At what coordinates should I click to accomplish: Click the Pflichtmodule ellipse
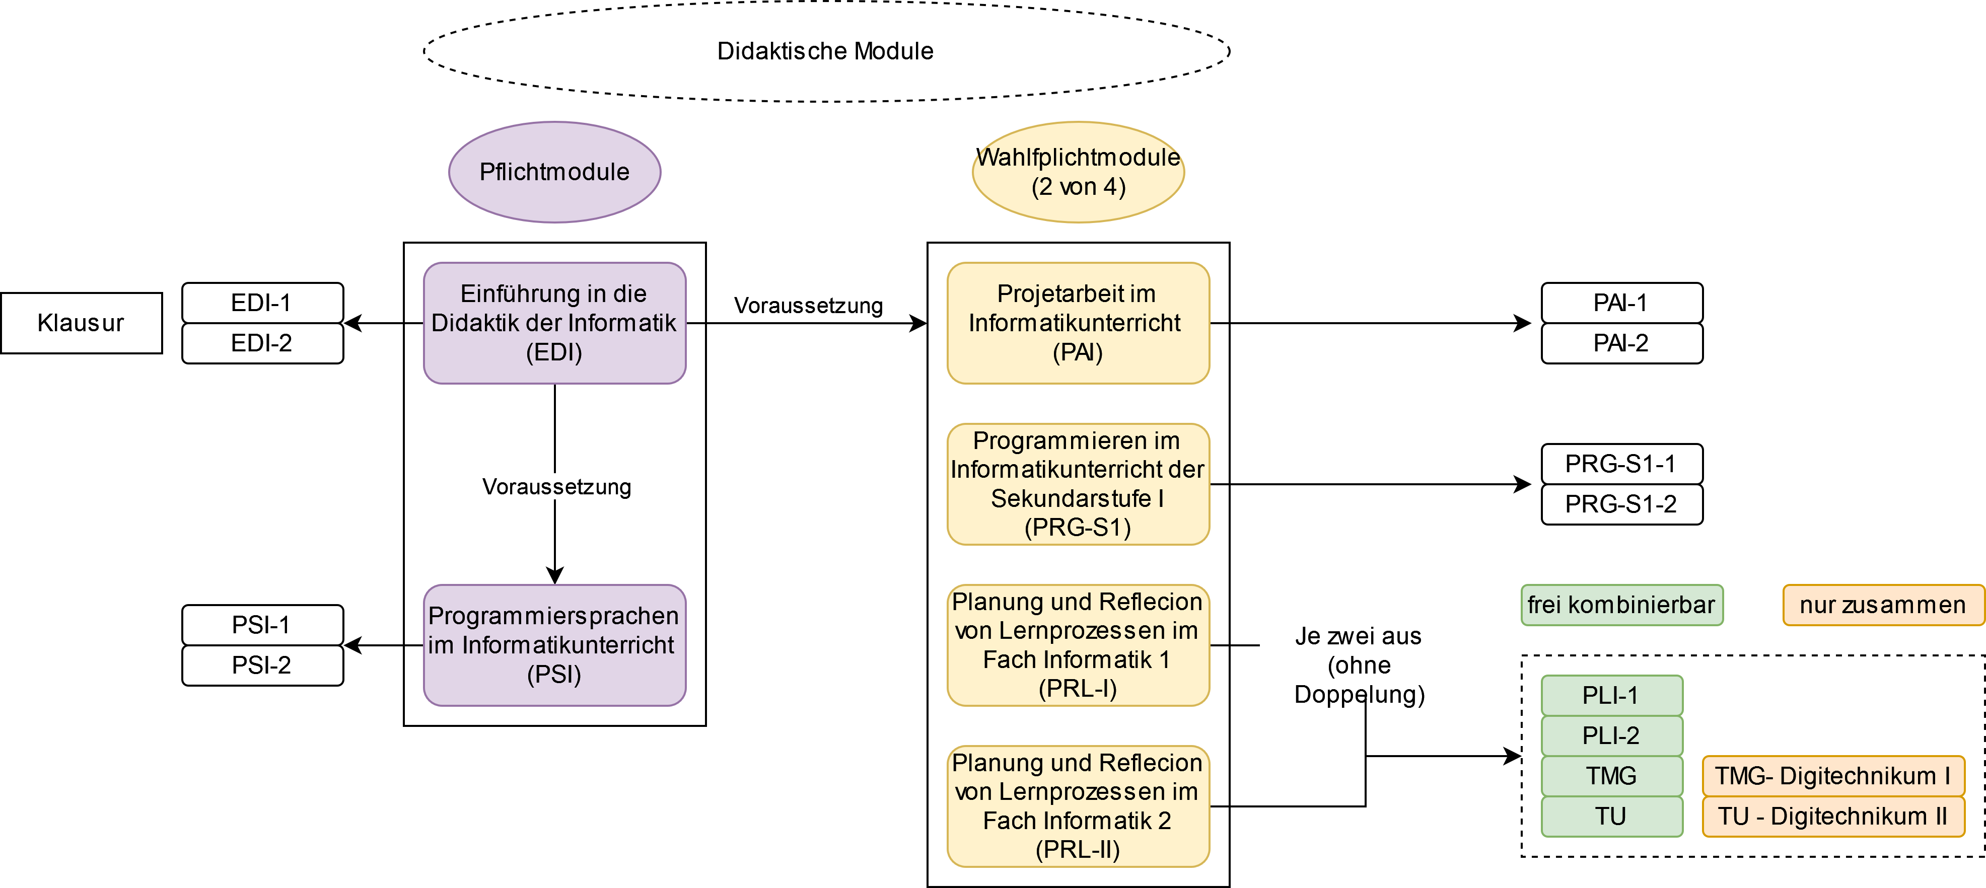[554, 172]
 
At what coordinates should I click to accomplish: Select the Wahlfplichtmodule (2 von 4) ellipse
[1078, 172]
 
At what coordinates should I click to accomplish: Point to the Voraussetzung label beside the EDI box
[808, 305]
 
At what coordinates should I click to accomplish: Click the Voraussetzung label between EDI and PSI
[556, 486]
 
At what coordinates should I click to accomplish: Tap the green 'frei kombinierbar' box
[1621, 605]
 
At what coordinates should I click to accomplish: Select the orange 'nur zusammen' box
[1883, 605]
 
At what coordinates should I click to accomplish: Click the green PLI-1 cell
[1611, 695]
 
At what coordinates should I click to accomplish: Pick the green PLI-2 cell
[1611, 735]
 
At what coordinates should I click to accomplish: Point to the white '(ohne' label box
[1359, 664]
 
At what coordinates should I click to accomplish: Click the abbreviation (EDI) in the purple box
[554, 352]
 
